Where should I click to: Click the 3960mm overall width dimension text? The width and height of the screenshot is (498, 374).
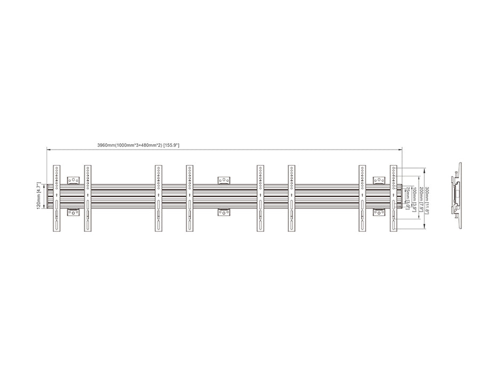coord(138,145)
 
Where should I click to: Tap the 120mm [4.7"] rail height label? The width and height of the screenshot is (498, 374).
coord(38,196)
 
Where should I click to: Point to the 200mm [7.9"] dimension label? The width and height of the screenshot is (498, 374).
coord(421,198)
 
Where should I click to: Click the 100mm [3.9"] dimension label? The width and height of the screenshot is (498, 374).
coord(413,198)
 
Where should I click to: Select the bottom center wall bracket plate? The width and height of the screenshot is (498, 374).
coord(225,213)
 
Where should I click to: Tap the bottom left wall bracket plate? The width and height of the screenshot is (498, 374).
coord(73,213)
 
